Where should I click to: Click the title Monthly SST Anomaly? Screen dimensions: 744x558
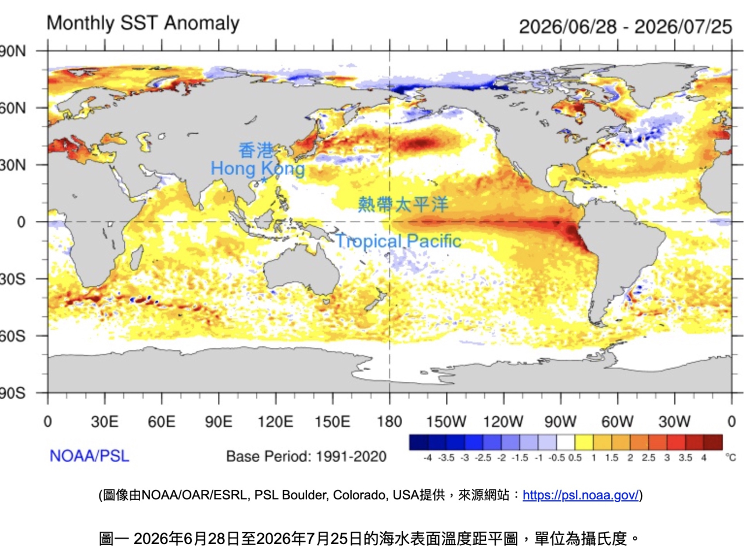pyautogui.click(x=143, y=24)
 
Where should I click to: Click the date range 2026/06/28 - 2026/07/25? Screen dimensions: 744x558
pyautogui.click(x=625, y=27)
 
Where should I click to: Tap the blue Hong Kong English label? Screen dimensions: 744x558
pyautogui.click(x=257, y=169)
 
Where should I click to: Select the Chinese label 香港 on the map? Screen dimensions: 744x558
pyautogui.click(x=256, y=150)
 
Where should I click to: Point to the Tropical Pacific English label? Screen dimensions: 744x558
pyautogui.click(x=398, y=241)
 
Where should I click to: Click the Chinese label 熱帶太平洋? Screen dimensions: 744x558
pyautogui.click(x=403, y=204)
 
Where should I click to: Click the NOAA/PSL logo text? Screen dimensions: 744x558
pyautogui.click(x=90, y=456)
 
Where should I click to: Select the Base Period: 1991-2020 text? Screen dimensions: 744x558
pyautogui.click(x=306, y=456)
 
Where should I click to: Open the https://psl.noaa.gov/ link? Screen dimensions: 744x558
pyautogui.click(x=580, y=495)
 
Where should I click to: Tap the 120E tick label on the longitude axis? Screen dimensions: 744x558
pyautogui.click(x=276, y=422)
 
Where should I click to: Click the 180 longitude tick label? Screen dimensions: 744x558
pyautogui.click(x=389, y=422)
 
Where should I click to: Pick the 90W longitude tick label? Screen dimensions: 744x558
pyautogui.click(x=560, y=422)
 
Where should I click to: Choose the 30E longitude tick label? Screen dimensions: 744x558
pyautogui.click(x=105, y=422)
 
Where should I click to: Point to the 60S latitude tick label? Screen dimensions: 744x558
pyautogui.click(x=13, y=336)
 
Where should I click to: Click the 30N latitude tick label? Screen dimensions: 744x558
pyautogui.click(x=13, y=165)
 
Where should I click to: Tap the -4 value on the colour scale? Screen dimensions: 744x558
pyautogui.click(x=428, y=457)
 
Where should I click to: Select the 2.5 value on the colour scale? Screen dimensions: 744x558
pyautogui.click(x=649, y=457)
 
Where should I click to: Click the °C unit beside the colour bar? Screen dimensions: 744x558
pyautogui.click(x=731, y=457)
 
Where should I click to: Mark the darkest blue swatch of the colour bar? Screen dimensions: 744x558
pyautogui.click(x=419, y=442)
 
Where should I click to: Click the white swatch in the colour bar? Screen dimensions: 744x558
pyautogui.click(x=566, y=442)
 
